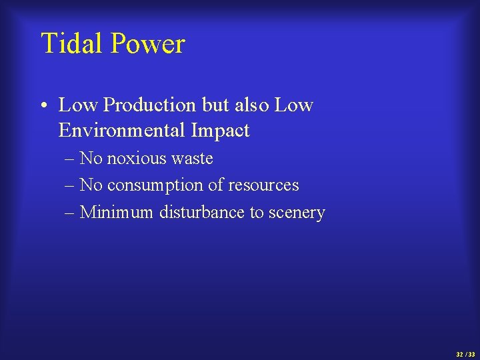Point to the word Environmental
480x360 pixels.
click(122, 130)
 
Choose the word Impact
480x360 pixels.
click(219, 130)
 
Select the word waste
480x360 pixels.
click(192, 159)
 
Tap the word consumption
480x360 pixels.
click(154, 185)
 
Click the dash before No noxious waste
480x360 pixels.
click(70, 159)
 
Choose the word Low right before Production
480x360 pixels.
click(79, 105)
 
